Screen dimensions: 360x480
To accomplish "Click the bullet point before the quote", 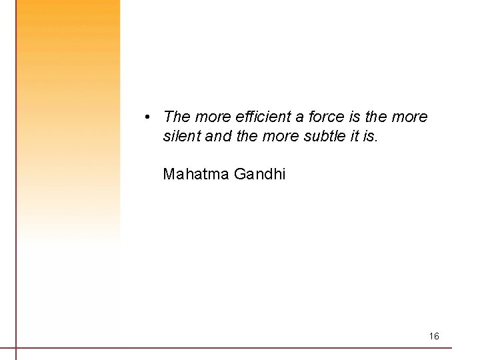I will pyautogui.click(x=146, y=117).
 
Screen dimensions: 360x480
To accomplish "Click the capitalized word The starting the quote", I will pyautogui.click(x=177, y=117).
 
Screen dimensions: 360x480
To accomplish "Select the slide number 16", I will pyautogui.click(x=434, y=336).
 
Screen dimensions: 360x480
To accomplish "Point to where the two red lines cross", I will pyautogui.click(x=16, y=347).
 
